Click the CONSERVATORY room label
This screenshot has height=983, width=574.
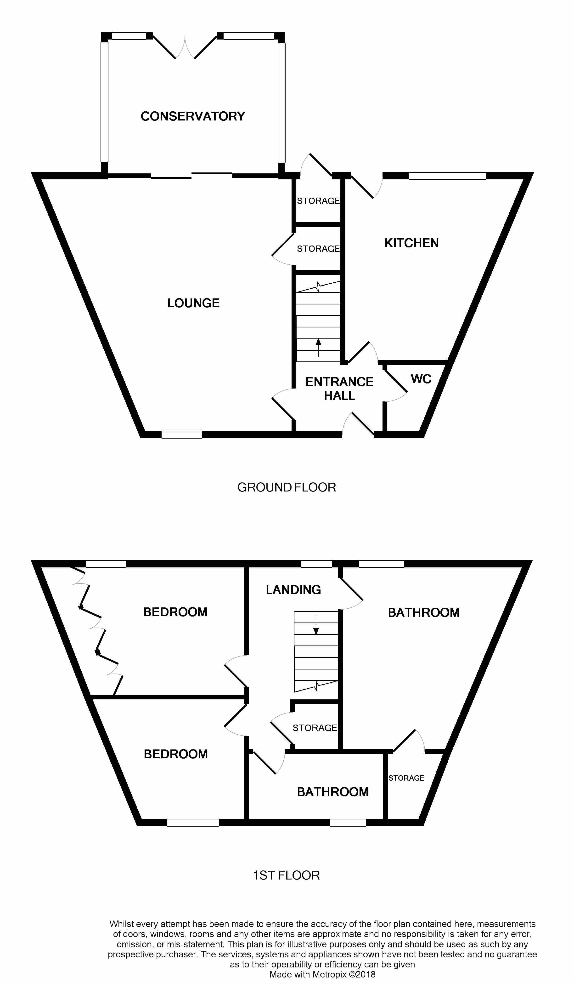[x=193, y=116]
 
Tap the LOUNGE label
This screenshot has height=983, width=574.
[x=193, y=303]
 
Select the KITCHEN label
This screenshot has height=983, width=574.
[x=411, y=243]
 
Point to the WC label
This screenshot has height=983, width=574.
[x=421, y=379]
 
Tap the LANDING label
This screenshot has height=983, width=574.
[x=293, y=590]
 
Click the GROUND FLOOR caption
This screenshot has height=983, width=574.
[x=287, y=487]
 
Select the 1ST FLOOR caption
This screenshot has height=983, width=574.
[x=287, y=875]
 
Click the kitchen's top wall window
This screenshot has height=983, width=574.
[x=448, y=176]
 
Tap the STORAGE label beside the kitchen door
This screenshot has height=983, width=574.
[x=318, y=201]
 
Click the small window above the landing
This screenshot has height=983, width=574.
[x=316, y=564]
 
